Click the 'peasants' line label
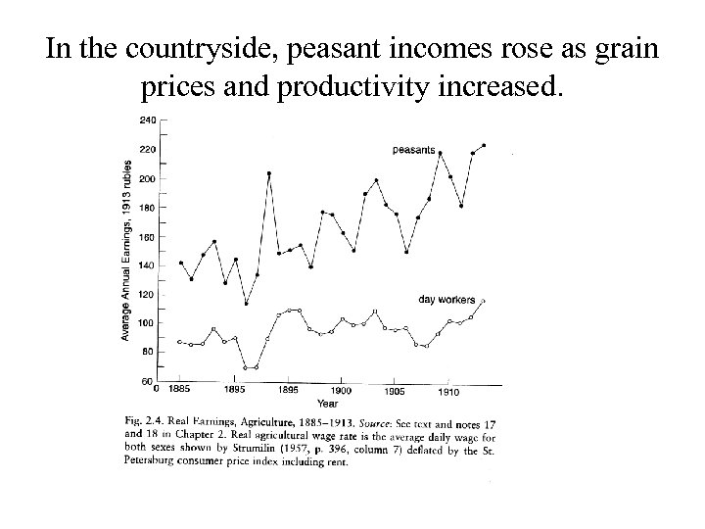click(x=413, y=150)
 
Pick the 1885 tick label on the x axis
click(x=179, y=390)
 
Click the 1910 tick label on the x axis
click(x=449, y=391)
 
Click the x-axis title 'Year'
click(x=328, y=402)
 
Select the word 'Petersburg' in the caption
click(x=149, y=462)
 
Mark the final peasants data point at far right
click(x=484, y=145)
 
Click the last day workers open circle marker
click(x=483, y=301)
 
